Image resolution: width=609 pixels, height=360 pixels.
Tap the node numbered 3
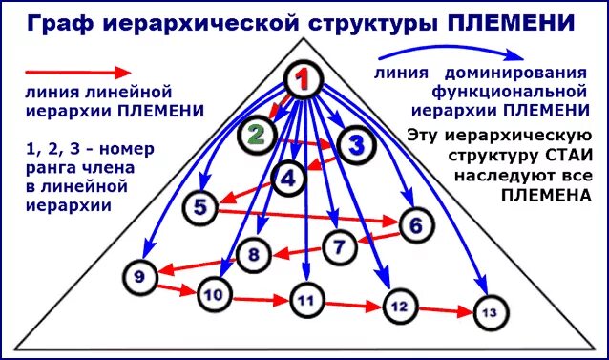coord(356,144)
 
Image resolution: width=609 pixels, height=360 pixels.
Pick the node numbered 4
coord(288,176)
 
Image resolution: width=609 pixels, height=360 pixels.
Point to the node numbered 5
coord(200,206)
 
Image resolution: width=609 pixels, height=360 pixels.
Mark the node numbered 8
coord(254,254)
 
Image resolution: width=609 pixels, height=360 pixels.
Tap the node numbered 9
coord(139,277)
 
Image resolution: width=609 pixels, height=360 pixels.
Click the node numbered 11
coord(305,300)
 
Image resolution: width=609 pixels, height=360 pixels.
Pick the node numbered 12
coord(399,306)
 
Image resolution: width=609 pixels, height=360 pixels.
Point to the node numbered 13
coord(489,312)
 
